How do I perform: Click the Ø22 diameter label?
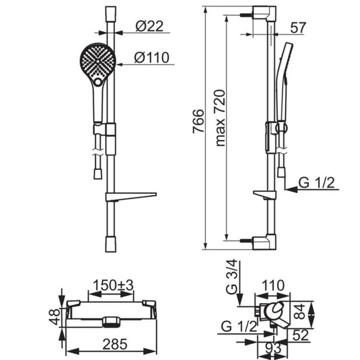(x=149, y=26)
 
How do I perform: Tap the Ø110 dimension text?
(x=152, y=58)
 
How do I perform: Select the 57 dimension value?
(x=298, y=28)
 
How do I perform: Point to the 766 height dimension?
(x=198, y=121)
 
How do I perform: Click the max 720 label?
(x=220, y=118)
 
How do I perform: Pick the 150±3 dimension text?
(x=113, y=286)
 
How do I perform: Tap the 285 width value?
(x=115, y=344)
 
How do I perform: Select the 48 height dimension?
(x=55, y=317)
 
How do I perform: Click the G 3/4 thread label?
(x=231, y=277)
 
